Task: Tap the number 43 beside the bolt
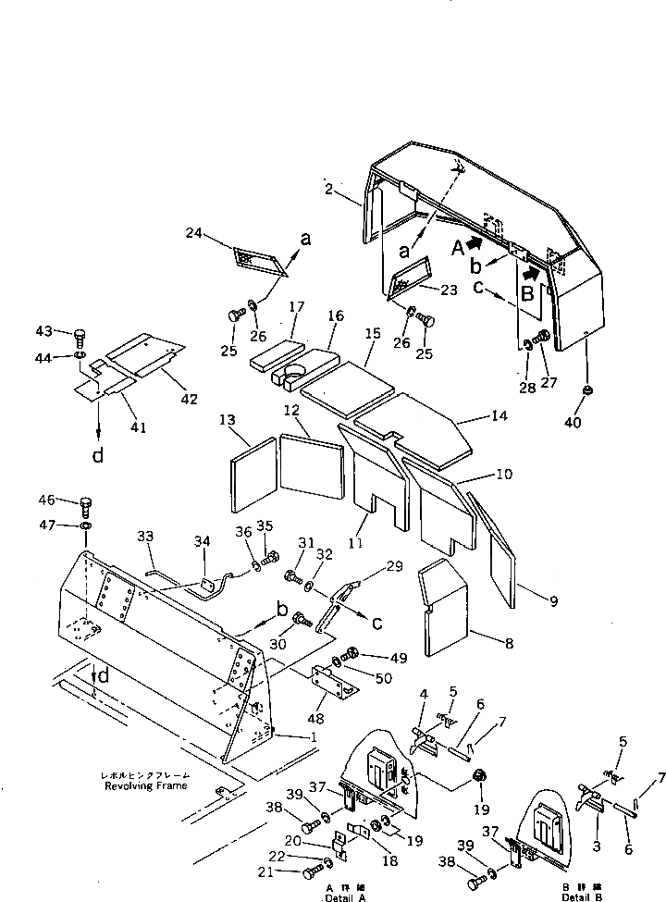click(x=44, y=332)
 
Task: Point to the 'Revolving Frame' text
click(x=144, y=785)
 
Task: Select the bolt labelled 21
click(x=309, y=873)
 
